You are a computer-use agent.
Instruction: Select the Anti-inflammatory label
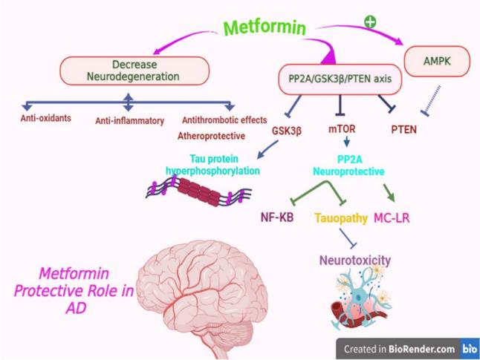click(x=125, y=120)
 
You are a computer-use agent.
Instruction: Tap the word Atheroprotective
click(x=211, y=136)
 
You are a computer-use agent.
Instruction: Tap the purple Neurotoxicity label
click(x=355, y=260)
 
